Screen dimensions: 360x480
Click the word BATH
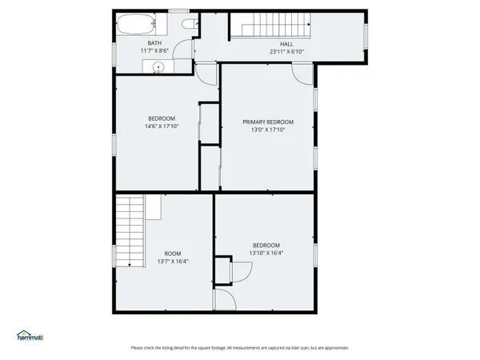pos(155,43)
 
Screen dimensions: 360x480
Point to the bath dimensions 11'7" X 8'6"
pos(155,50)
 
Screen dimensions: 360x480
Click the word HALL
pos(286,44)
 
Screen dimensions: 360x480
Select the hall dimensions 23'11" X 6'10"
pos(286,51)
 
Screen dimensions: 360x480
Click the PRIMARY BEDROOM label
pos(268,122)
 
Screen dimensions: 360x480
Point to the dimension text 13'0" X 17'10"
pos(268,129)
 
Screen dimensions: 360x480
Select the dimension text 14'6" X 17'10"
pos(161,126)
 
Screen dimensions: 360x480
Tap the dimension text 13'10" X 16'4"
pos(266,252)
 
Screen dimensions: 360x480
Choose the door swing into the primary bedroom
pos(304,74)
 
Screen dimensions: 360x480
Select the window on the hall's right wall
pos(365,36)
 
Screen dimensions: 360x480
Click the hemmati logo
pos(30,335)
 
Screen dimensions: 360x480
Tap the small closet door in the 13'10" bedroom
pos(241,270)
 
